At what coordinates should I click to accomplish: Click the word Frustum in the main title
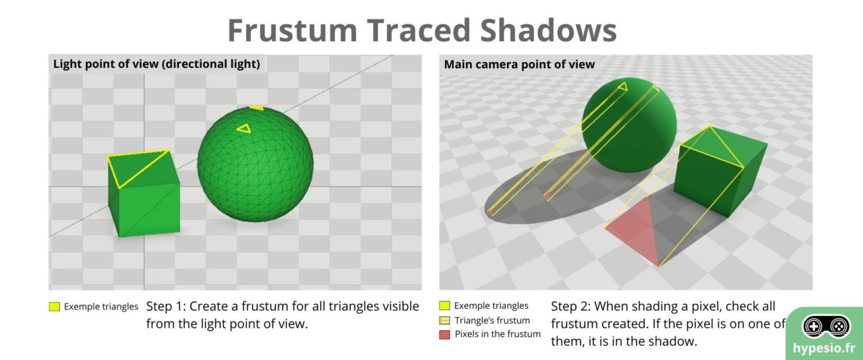[293, 30]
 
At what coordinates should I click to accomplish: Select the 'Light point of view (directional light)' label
[156, 65]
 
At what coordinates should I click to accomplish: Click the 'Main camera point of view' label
[519, 65]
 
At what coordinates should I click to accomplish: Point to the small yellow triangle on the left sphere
[243, 127]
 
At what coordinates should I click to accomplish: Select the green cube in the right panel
[718, 175]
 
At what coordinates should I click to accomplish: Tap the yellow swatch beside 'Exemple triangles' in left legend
[55, 307]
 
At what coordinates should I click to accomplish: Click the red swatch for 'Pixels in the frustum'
[444, 334]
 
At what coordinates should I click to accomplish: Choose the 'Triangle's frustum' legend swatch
[444, 320]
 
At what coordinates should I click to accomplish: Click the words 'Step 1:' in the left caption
[168, 306]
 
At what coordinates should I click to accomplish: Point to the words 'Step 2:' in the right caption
[571, 306]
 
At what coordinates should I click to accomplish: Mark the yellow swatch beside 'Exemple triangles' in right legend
[444, 306]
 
